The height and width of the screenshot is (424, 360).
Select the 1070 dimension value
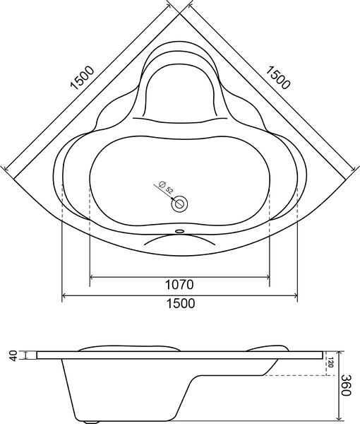click(180, 285)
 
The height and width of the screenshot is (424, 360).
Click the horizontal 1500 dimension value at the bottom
click(180, 303)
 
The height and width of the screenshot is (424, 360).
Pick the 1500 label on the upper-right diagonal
click(278, 78)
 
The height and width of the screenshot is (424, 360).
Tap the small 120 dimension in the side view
click(330, 363)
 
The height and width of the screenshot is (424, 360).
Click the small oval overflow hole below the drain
click(180, 230)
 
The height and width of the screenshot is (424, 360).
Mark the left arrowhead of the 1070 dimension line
click(93, 276)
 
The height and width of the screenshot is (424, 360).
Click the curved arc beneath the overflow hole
click(180, 240)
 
